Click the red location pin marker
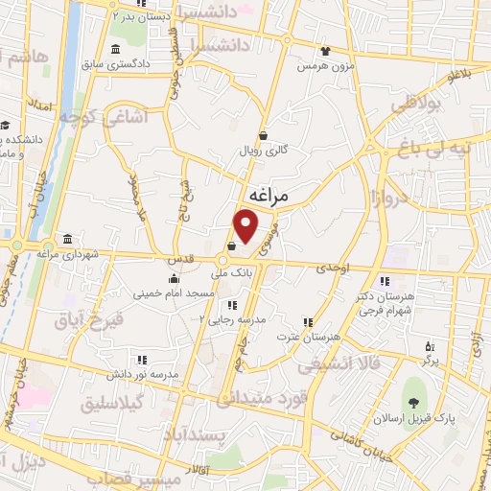246,225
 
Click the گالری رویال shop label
264,151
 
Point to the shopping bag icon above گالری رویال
264,135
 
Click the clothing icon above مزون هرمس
325,51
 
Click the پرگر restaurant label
430,359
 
